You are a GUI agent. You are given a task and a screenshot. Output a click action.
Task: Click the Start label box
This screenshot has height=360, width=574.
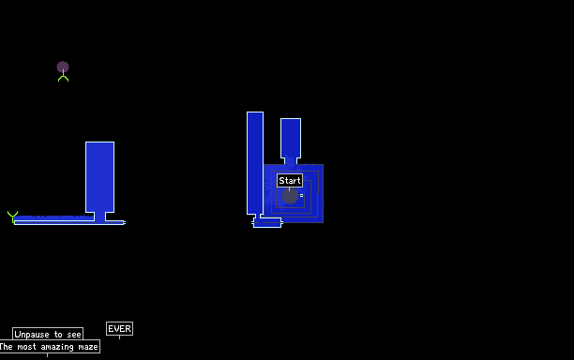pyautogui.click(x=290, y=180)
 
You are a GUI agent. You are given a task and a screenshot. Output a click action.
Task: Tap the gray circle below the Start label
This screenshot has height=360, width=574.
pyautogui.click(x=290, y=196)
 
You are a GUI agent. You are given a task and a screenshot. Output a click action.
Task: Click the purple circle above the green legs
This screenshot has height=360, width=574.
pyautogui.click(x=63, y=67)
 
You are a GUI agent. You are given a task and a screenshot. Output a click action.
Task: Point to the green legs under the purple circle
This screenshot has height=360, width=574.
pyautogui.click(x=64, y=77)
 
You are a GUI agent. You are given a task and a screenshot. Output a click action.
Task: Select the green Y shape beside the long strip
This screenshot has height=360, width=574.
pyautogui.click(x=12, y=217)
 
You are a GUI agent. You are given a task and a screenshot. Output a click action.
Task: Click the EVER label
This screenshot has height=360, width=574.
pyautogui.click(x=119, y=328)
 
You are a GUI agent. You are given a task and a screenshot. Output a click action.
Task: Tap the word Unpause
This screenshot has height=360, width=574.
pyautogui.click(x=32, y=335)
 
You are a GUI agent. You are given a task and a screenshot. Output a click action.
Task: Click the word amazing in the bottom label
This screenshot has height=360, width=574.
pyautogui.click(x=57, y=347)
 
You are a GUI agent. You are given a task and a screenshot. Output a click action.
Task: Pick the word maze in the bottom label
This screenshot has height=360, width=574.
pyautogui.click(x=88, y=347)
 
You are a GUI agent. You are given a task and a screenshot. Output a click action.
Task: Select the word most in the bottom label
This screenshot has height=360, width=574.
pyautogui.click(x=26, y=347)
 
